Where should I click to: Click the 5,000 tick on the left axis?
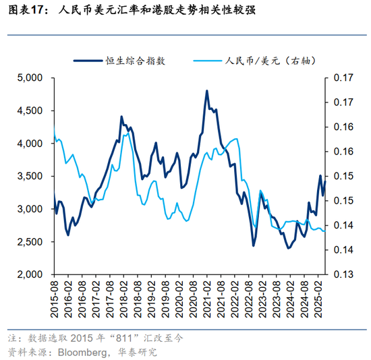(x=30, y=78)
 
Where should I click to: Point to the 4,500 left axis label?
(x=30, y=111)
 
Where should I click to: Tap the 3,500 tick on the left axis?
(x=30, y=176)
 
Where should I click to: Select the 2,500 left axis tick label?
(x=30, y=242)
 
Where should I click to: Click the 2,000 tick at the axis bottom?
(x=30, y=275)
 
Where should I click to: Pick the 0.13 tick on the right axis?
(x=345, y=275)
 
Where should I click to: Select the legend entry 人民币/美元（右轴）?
(x=266, y=60)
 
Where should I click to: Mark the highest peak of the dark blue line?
(x=206, y=91)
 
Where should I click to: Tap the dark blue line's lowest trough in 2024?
(x=289, y=248)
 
